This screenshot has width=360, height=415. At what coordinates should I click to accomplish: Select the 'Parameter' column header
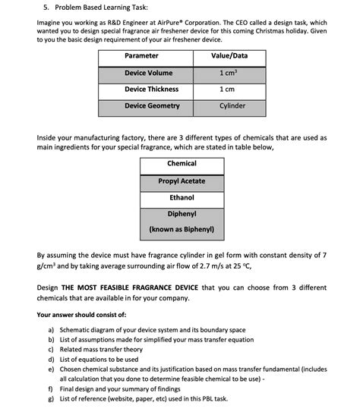(141, 56)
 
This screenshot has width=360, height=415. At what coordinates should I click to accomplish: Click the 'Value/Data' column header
(229, 56)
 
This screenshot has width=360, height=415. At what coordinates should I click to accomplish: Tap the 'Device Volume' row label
(149, 73)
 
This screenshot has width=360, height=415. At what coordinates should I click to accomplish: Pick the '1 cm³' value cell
(228, 73)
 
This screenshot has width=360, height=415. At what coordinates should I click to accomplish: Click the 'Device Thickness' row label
(152, 90)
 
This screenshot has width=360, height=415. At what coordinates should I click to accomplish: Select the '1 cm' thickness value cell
(228, 90)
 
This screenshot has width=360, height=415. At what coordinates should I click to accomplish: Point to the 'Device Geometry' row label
(152, 106)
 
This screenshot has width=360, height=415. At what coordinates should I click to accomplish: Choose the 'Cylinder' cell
(232, 106)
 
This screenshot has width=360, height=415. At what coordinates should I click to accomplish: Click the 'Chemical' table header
(182, 164)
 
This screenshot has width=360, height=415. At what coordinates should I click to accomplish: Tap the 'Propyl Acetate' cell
(182, 181)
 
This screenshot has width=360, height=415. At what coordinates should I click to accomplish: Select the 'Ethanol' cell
(182, 198)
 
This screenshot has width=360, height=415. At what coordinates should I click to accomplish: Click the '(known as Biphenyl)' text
(182, 228)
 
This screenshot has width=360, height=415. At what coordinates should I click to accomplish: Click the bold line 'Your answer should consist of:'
(81, 314)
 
